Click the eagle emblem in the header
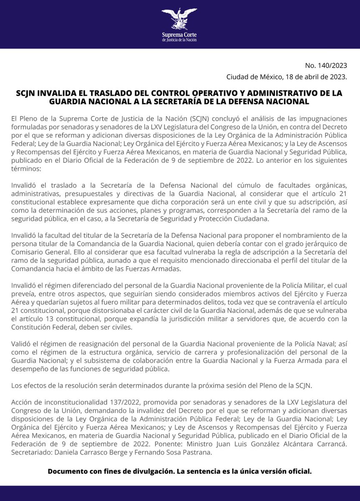click(x=179, y=19)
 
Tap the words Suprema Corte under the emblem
click(x=179, y=34)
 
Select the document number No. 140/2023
click(x=326, y=66)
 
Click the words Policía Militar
click(x=301, y=285)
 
